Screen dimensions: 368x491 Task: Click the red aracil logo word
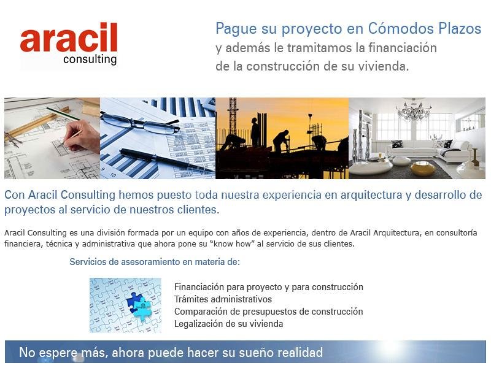tap(68, 39)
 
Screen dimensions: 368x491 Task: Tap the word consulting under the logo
tap(90, 59)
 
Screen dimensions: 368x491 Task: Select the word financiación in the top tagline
tap(403, 47)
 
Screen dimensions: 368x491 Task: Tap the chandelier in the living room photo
tap(414, 110)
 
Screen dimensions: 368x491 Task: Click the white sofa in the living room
tap(430, 150)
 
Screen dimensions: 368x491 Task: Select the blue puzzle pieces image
tap(125, 305)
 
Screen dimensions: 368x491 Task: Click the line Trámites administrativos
tap(223, 299)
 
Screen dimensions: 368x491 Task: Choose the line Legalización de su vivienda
tap(228, 324)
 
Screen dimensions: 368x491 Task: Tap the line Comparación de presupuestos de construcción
tap(268, 312)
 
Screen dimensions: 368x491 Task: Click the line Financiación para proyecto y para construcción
tap(268, 287)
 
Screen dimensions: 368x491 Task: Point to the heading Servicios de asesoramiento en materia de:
tap(154, 262)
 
